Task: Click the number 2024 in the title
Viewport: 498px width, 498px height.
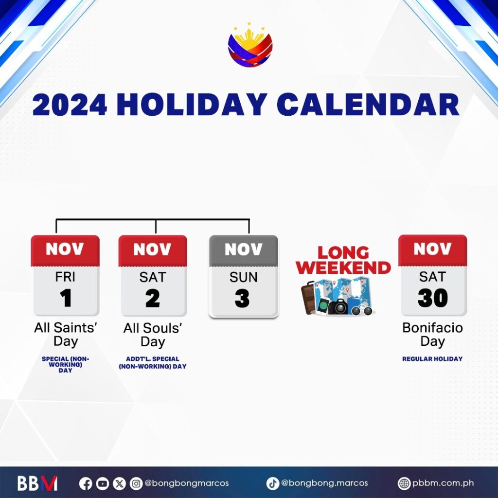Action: [70, 105]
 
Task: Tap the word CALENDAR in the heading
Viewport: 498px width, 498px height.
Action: [368, 105]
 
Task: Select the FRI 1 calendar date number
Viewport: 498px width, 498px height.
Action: [66, 298]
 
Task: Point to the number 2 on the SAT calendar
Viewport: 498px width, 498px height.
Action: [153, 299]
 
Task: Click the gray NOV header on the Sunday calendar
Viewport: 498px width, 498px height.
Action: [244, 250]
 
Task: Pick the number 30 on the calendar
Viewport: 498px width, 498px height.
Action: [432, 298]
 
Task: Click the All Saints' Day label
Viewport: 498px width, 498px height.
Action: [66, 335]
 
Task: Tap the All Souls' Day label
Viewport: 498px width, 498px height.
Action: [153, 335]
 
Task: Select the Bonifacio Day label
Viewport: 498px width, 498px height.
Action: [432, 335]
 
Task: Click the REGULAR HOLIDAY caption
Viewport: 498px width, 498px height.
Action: [432, 359]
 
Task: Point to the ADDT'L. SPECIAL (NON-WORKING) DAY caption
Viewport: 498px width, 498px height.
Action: [153, 363]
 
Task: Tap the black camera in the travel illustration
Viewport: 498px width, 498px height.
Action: [338, 307]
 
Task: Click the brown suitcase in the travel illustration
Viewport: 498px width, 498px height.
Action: [308, 298]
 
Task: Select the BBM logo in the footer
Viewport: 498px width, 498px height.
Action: [37, 483]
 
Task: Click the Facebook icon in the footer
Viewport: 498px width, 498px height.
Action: [86, 484]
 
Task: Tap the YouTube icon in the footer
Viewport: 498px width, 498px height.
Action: [103, 484]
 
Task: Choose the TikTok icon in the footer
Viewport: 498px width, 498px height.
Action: [272, 484]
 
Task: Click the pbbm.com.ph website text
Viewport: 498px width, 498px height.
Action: [443, 483]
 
